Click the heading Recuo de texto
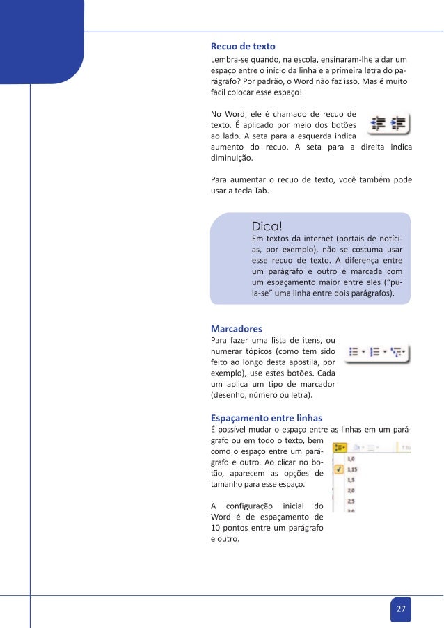(243, 46)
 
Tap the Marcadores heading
(237, 328)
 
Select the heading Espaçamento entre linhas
(267, 418)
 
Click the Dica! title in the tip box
(267, 226)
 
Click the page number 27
(400, 609)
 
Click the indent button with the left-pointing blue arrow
(379, 123)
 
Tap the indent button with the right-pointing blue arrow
(398, 123)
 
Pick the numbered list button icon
(375, 352)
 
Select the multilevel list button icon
(398, 352)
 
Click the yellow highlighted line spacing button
(341, 449)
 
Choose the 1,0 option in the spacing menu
(351, 459)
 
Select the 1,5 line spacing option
(351, 480)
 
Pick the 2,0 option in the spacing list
(351, 490)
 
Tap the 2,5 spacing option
(351, 501)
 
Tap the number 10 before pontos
(216, 529)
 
